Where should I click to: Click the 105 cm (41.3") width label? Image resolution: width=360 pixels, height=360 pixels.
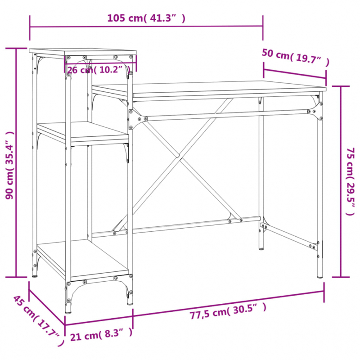click(x=146, y=18)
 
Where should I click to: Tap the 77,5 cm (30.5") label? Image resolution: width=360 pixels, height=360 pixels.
click(x=228, y=310)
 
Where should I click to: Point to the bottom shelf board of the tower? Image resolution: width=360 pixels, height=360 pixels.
click(x=81, y=259)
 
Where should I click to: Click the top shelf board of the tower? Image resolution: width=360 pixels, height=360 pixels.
click(x=81, y=53)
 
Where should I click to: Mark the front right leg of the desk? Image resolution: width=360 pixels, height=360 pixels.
click(x=320, y=189)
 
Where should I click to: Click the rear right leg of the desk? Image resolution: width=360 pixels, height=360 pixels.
click(x=261, y=180)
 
